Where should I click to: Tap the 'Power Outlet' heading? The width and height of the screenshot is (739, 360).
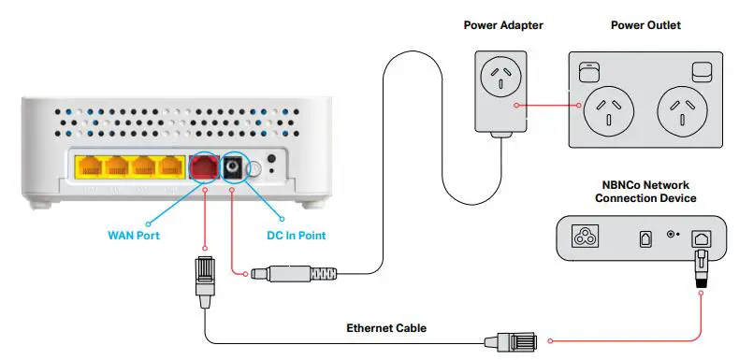tap(645, 25)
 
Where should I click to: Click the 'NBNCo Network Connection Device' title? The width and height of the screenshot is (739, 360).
tap(645, 191)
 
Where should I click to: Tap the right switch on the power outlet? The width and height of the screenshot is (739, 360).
tap(703, 71)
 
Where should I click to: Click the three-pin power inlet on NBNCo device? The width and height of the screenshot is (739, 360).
tap(587, 238)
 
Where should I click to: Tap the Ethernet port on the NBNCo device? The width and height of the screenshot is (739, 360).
tap(699, 239)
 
